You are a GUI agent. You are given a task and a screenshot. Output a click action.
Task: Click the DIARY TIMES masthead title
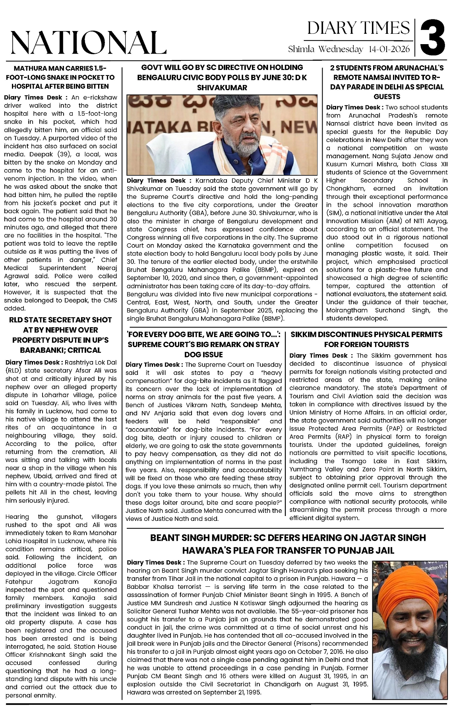tap(358, 28)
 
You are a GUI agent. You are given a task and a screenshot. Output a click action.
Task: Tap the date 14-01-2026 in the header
tap(389, 49)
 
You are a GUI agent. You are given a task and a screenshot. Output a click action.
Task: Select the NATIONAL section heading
tap(88, 43)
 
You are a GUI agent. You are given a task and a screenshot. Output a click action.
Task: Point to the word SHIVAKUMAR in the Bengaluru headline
tap(222, 87)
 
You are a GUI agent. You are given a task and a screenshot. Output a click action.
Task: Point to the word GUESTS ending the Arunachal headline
tap(387, 97)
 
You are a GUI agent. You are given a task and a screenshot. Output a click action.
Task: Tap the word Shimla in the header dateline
tap(301, 49)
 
